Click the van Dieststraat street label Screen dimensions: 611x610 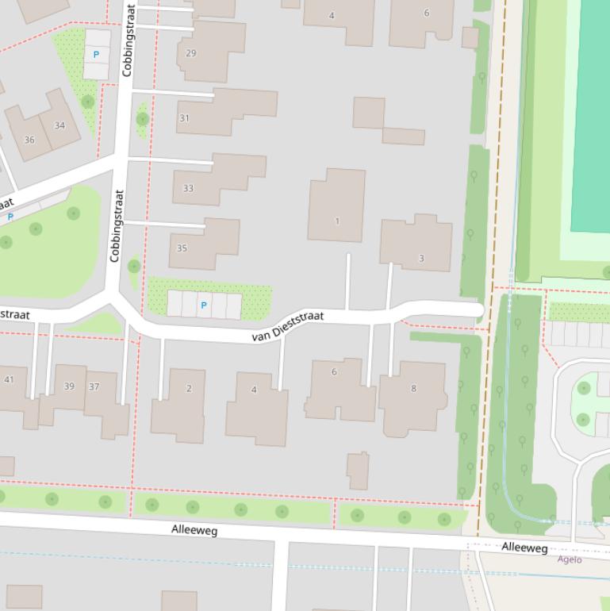click(x=288, y=326)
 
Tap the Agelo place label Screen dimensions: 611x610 click(x=569, y=559)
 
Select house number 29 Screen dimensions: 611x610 click(x=190, y=53)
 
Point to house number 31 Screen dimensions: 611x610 click(x=184, y=118)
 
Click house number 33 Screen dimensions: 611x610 click(x=188, y=188)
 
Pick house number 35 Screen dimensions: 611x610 click(x=182, y=248)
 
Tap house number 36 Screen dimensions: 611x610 click(x=29, y=140)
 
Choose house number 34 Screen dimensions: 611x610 click(x=59, y=125)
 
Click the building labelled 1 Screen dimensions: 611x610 click(x=337, y=221)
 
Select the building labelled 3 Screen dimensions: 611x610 click(x=421, y=258)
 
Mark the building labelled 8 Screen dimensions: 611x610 click(x=413, y=388)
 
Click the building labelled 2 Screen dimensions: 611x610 click(x=189, y=388)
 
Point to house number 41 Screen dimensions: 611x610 click(x=9, y=379)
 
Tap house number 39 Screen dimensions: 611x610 click(x=69, y=386)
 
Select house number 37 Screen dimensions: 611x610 click(x=94, y=386)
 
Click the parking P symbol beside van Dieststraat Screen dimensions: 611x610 click(x=204, y=305)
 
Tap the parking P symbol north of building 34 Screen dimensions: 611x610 click(x=97, y=55)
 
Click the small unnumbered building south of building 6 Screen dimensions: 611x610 click(x=358, y=471)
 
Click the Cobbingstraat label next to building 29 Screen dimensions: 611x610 click(x=129, y=40)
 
